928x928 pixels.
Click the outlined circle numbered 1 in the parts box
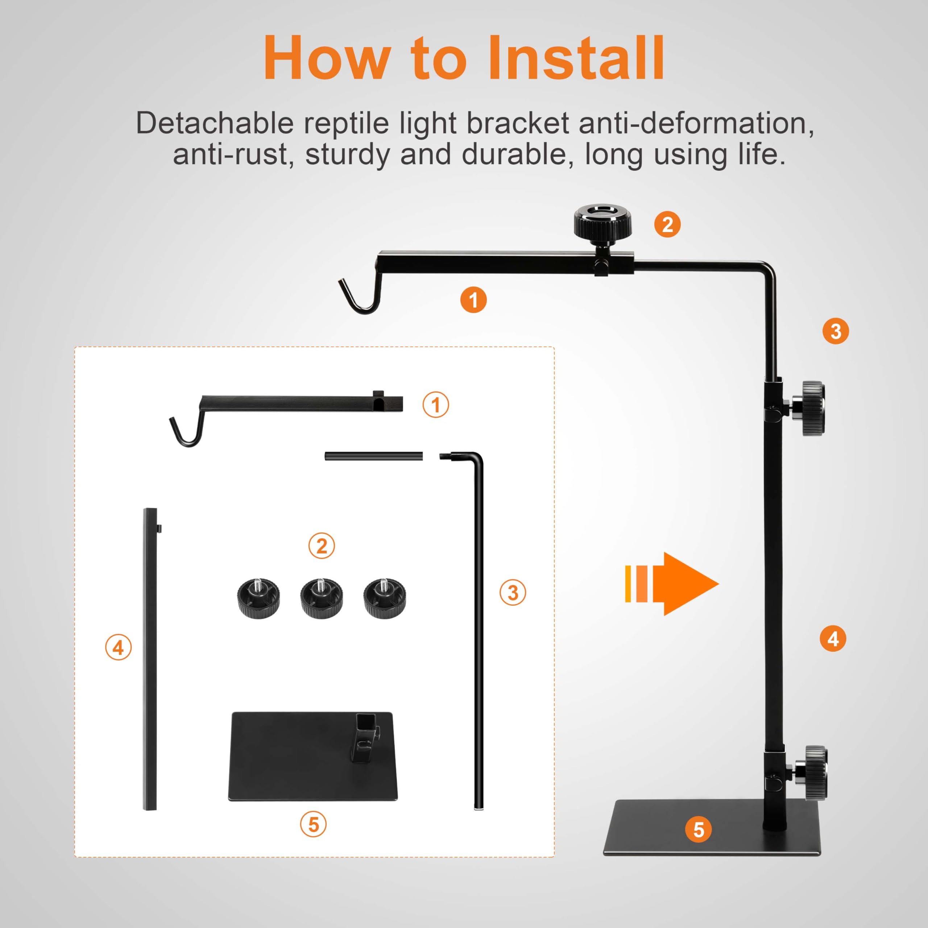[436, 405]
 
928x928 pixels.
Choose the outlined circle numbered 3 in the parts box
[513, 592]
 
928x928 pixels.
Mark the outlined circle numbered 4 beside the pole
[118, 647]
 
